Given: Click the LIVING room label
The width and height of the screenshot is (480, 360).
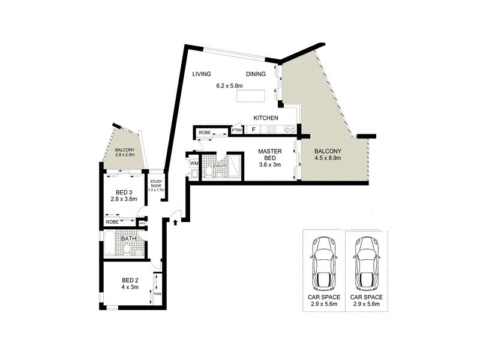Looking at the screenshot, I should click(x=202, y=74).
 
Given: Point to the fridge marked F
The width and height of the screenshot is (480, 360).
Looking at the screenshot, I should click(x=254, y=130).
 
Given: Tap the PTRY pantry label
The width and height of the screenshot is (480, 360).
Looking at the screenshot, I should click(x=237, y=130).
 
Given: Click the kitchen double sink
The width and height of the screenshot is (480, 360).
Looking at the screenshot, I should click(x=290, y=130).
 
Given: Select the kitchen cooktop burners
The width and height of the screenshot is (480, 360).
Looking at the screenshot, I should click(x=272, y=130).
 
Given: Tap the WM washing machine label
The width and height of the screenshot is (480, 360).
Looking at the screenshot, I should click(x=194, y=163).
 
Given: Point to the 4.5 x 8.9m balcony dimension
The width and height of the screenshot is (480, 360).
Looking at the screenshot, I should click(x=328, y=158).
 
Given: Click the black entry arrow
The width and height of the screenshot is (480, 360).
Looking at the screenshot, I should click(x=175, y=222).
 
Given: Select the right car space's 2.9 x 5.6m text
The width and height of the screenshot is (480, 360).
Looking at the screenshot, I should click(x=365, y=305).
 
